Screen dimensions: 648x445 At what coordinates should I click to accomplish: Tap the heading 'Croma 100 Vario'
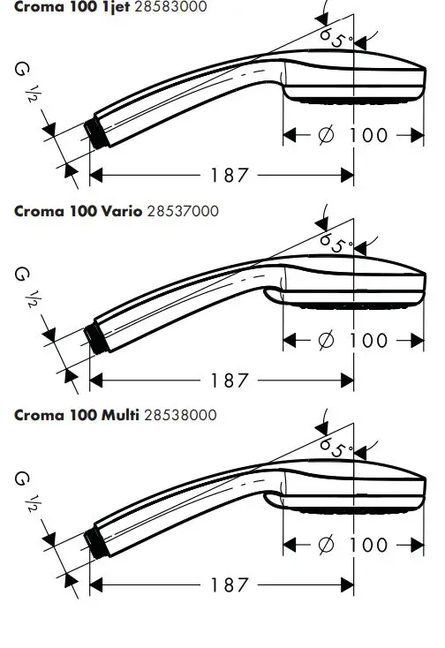pos(78,211)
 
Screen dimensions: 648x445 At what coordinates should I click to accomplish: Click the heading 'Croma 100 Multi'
pos(77,415)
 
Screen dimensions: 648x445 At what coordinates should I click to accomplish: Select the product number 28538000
pos(181,415)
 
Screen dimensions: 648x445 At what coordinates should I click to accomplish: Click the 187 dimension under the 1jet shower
pos(230,175)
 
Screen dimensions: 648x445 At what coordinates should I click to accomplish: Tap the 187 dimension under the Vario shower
pos(230,381)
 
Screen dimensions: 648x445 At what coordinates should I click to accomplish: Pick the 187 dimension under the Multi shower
pos(230,584)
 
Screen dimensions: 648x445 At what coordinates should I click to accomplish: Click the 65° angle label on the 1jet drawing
pos(336,38)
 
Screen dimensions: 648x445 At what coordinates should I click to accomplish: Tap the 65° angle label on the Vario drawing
pos(336,243)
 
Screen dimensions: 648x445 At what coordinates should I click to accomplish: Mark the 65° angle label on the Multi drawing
pos(336,448)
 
